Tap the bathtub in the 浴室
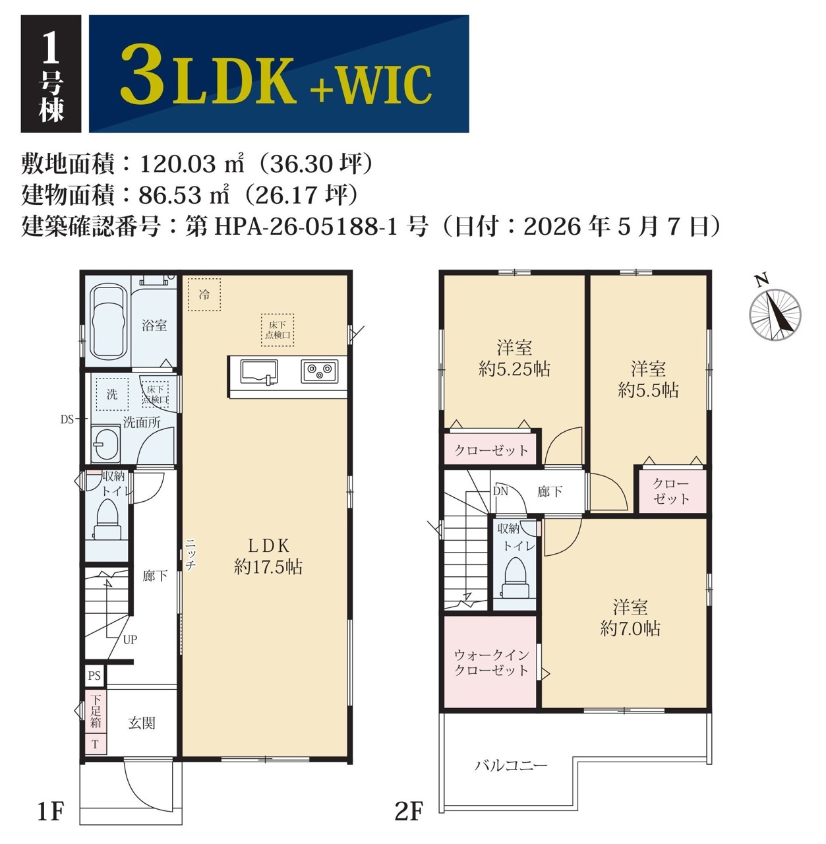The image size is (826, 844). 107,322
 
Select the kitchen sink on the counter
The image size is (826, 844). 259,373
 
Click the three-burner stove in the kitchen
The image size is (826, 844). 319,371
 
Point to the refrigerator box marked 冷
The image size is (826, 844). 204,295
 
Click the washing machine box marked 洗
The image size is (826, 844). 112,394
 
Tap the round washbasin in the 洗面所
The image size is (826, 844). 105,444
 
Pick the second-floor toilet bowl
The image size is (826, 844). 516,578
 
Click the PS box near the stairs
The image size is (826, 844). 95,675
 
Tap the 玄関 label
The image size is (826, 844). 142,723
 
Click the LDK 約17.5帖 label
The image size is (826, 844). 268,557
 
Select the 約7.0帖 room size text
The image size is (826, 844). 630,629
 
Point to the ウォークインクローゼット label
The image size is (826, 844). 491,663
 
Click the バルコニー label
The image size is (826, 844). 511,766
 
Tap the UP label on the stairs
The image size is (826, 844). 130,640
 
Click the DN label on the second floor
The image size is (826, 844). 500,491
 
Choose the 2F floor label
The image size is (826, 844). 409,811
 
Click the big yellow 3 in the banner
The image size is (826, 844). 142,74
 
